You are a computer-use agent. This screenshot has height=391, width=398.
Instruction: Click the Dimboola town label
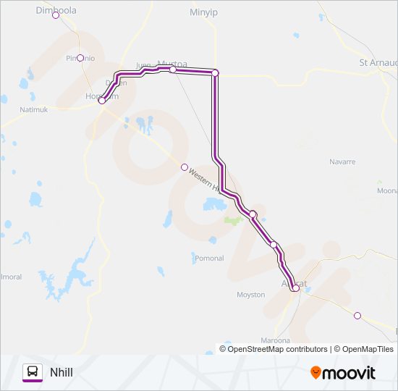point(56,10)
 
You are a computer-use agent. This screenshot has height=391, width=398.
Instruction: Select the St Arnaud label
point(378,62)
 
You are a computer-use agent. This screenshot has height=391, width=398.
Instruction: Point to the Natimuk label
point(34,109)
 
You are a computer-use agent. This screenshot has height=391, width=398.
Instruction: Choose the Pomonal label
point(209,258)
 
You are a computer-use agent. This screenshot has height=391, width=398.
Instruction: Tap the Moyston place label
point(251,295)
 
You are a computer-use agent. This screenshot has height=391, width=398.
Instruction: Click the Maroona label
point(275,340)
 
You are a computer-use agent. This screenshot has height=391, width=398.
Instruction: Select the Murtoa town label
point(172,64)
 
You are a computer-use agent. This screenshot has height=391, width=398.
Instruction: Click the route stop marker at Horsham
point(102,101)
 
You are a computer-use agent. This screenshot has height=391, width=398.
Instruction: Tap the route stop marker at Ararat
point(295,288)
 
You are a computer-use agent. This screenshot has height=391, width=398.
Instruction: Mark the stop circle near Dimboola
point(56,15)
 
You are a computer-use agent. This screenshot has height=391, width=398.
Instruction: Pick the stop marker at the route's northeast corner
point(215,72)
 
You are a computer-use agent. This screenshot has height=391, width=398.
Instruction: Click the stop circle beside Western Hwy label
point(185,167)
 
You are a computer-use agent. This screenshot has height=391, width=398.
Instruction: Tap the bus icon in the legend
point(32,372)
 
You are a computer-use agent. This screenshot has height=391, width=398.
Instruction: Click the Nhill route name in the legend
point(62,372)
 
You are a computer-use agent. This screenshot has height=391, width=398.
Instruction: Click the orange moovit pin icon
point(316,372)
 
